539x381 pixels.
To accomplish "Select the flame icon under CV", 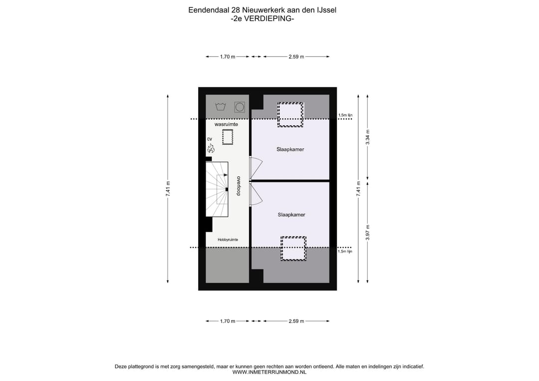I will [211, 148].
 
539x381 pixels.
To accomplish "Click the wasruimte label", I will [226, 124].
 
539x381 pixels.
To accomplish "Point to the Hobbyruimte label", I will [228, 240].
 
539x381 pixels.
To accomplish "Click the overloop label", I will [239, 186].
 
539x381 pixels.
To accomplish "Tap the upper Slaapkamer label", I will [290, 149].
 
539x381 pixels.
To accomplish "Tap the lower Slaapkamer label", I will [291, 215].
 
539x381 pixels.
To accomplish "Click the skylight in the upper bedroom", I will [290, 114].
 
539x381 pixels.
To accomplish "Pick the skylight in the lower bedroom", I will [293, 248].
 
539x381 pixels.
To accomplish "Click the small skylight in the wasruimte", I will [228, 137].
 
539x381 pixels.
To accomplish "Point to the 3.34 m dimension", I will [368, 137].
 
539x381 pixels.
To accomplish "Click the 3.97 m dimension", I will [368, 231].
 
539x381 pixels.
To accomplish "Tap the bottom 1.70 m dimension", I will [227, 321].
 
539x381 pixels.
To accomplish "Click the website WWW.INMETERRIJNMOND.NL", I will [269, 372].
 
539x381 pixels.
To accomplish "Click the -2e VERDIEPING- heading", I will [263, 19].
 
